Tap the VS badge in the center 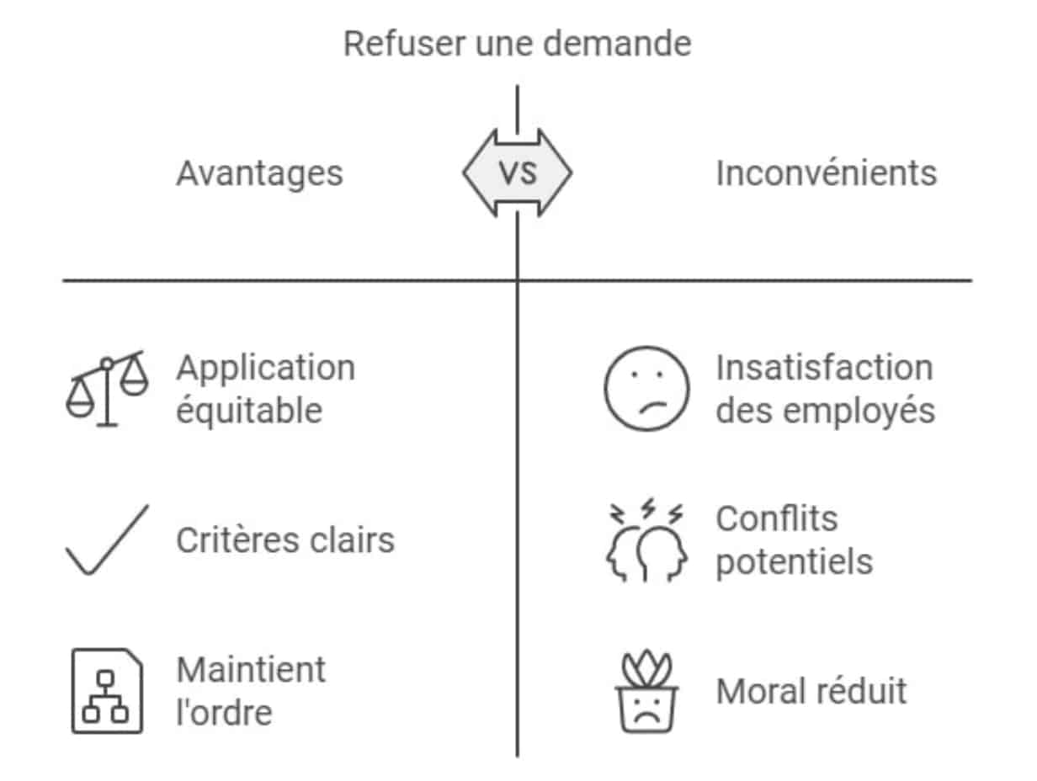[517, 173]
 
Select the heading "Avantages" [259, 173]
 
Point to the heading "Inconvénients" [826, 173]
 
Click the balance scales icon [107, 389]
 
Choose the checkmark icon [107, 539]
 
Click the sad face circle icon [646, 389]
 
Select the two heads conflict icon [646, 543]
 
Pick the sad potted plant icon [646, 691]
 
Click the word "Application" [265, 369]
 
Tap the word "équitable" [249, 412]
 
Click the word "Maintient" [251, 670]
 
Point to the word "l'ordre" [224, 713]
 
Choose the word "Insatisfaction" [824, 368]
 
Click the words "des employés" [825, 412]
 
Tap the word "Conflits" [776, 518]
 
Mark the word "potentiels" [794, 561]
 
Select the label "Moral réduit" [811, 692]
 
